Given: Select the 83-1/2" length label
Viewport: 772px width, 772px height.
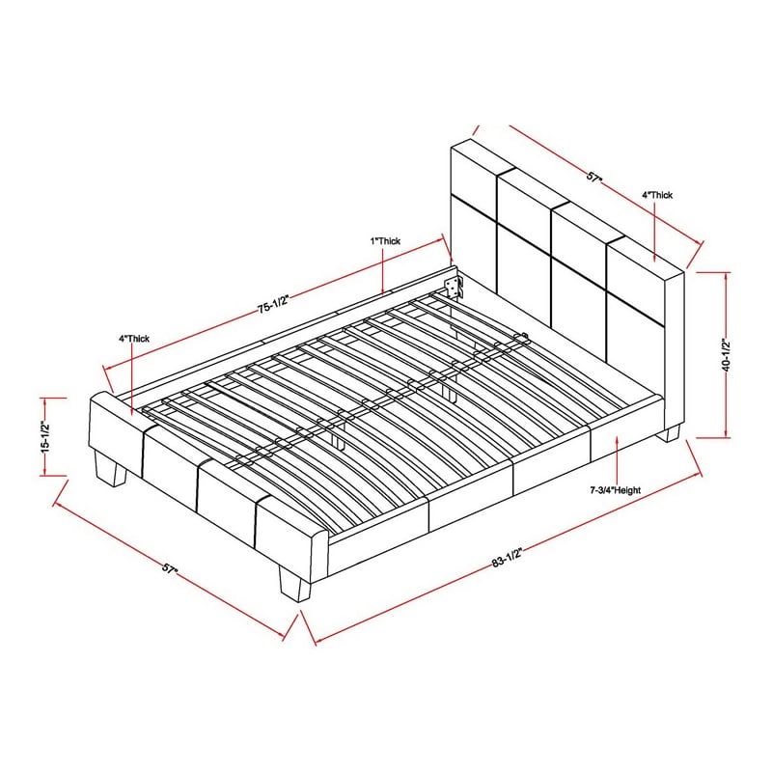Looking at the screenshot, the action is click(507, 557).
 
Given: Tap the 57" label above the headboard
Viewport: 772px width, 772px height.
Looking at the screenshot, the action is click(594, 177).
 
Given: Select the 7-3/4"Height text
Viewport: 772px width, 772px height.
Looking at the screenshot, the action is click(616, 490).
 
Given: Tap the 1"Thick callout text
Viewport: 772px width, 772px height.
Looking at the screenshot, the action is click(385, 240).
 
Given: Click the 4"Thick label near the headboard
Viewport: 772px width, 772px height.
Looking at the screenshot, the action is click(657, 195).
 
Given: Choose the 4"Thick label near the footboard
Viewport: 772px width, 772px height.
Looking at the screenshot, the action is click(133, 339).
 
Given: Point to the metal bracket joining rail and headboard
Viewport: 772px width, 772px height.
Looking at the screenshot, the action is click(455, 287).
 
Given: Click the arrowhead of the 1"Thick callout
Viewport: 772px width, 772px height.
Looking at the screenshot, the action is click(383, 290).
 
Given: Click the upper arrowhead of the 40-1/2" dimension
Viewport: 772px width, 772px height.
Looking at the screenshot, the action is click(727, 275).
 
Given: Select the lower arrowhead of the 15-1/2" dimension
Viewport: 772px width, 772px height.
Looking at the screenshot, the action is click(45, 473).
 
